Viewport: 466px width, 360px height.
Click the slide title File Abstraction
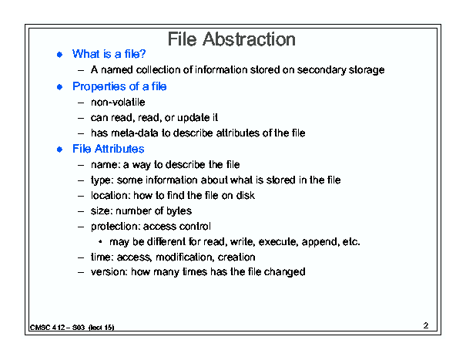[x=232, y=39]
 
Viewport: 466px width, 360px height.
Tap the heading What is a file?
[x=109, y=54]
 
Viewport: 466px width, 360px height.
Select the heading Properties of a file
[x=119, y=86]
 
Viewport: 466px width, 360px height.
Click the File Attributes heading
[x=108, y=149]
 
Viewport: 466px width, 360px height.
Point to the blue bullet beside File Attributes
[x=60, y=149]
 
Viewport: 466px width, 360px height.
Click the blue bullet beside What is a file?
[x=60, y=55]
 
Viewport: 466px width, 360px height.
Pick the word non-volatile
[x=118, y=103]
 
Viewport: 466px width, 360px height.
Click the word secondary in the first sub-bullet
[x=321, y=70]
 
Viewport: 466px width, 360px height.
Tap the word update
[x=193, y=118]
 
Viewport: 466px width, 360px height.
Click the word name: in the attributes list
[x=106, y=165]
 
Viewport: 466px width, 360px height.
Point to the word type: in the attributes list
[x=102, y=180]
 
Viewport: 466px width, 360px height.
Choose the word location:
[x=111, y=196]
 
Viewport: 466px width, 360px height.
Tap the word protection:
[x=116, y=227]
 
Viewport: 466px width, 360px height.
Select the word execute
[x=278, y=242]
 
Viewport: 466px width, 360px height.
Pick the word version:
[x=109, y=272]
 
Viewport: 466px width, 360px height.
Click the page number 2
[x=426, y=325]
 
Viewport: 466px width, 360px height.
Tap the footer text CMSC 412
[x=47, y=328]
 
